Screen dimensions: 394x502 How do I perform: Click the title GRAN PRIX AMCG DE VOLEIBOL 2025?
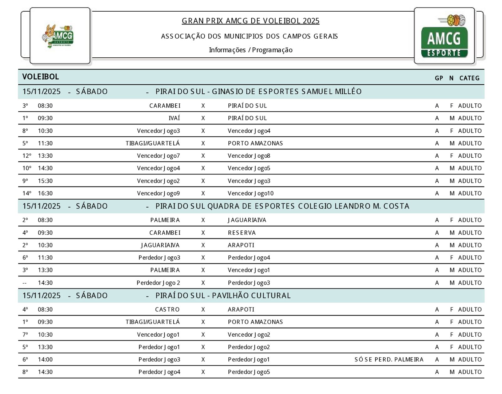250,21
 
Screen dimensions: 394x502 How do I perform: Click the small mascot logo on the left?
58,36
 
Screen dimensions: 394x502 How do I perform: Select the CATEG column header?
469,78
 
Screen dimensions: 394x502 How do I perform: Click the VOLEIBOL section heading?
40,77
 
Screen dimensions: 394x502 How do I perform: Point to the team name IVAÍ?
174,118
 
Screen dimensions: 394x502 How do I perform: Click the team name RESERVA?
242,233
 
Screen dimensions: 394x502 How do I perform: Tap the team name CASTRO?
167,309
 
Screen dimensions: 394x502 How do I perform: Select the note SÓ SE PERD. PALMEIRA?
389,360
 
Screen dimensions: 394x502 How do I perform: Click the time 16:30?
45,193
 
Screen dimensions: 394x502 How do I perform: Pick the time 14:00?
45,360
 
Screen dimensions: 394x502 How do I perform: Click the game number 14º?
27,193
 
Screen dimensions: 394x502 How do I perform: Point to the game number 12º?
27,156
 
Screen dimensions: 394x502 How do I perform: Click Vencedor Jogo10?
250,193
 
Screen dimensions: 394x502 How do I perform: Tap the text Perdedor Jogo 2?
158,283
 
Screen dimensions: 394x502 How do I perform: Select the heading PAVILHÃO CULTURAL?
251,296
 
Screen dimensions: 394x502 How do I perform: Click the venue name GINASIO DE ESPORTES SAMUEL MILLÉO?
286,92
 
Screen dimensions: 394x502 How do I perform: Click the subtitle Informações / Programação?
250,50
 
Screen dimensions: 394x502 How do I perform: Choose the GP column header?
439,78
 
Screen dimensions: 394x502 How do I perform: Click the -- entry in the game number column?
25,283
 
